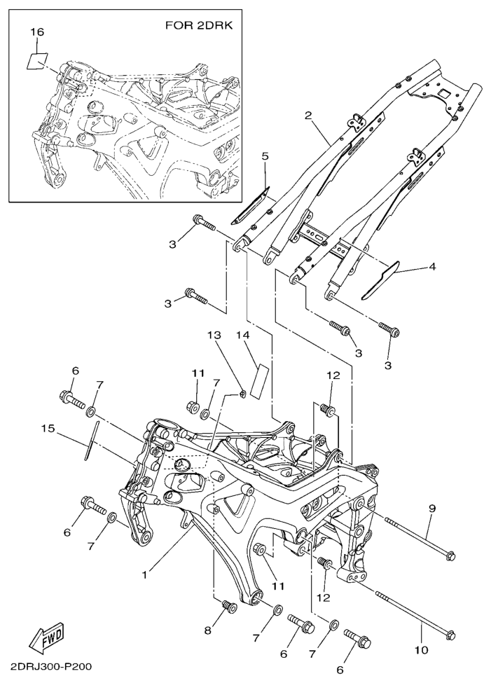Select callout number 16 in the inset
[37, 33]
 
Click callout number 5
[265, 157]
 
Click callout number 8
[207, 630]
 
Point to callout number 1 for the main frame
[145, 574]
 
